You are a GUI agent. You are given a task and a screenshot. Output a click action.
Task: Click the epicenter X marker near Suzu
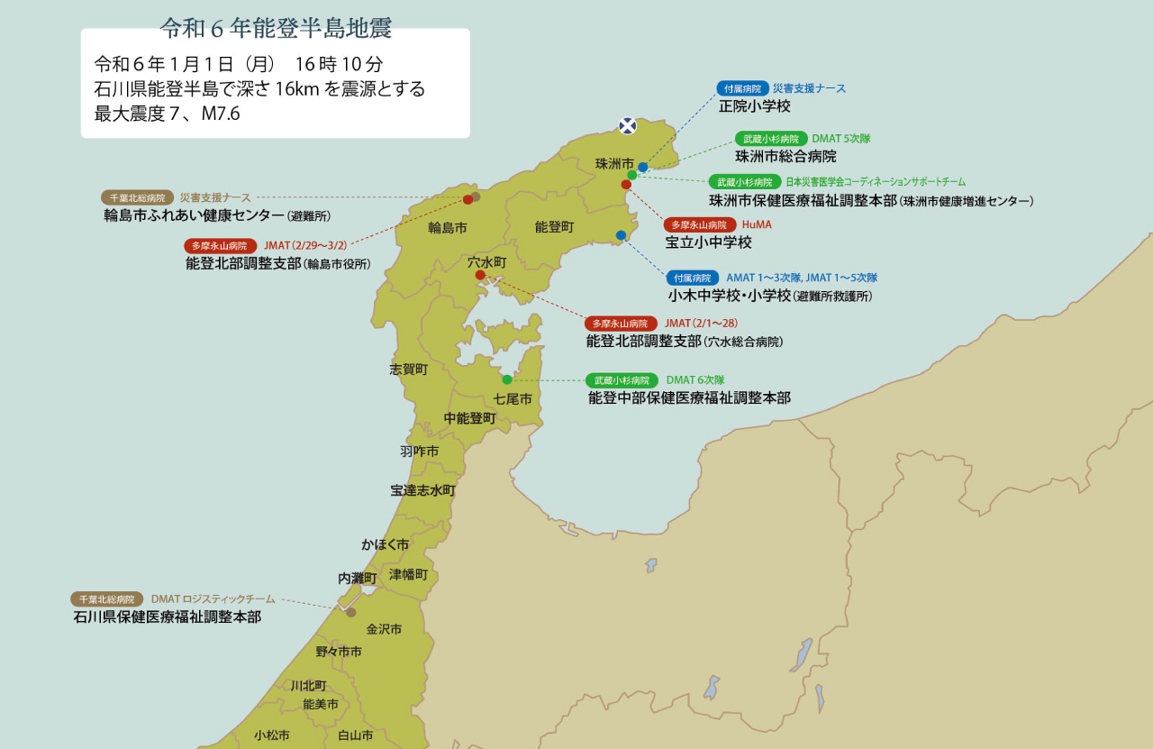click(628, 125)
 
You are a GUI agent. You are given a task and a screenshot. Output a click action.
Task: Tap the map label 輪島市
click(448, 228)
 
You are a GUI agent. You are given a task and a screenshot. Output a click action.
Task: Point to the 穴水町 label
click(487, 261)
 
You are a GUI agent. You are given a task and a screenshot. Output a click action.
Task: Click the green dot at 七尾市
click(507, 379)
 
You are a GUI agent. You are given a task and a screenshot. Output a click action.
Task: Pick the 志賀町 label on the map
click(409, 369)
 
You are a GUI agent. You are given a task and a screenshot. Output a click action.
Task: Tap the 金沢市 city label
click(384, 629)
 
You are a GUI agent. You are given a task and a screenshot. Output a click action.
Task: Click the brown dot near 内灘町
click(350, 612)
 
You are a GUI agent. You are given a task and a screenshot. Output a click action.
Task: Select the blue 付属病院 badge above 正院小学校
click(742, 88)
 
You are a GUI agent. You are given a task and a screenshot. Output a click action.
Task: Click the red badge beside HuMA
click(700, 224)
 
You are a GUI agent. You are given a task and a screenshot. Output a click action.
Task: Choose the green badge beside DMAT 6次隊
click(622, 380)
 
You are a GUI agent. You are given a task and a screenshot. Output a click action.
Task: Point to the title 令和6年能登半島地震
click(277, 29)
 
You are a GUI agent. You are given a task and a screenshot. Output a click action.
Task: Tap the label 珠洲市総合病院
click(785, 157)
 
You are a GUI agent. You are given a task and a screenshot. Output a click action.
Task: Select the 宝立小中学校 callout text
click(708, 242)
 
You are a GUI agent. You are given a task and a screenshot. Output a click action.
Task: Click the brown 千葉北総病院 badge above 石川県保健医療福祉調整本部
click(107, 598)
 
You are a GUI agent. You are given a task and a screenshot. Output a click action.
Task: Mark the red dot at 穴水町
click(480, 275)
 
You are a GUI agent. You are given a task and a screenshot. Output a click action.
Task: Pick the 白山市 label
click(355, 735)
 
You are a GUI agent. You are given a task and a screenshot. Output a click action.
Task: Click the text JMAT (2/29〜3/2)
click(305, 245)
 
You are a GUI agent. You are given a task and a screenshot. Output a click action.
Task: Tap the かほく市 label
click(385, 544)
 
